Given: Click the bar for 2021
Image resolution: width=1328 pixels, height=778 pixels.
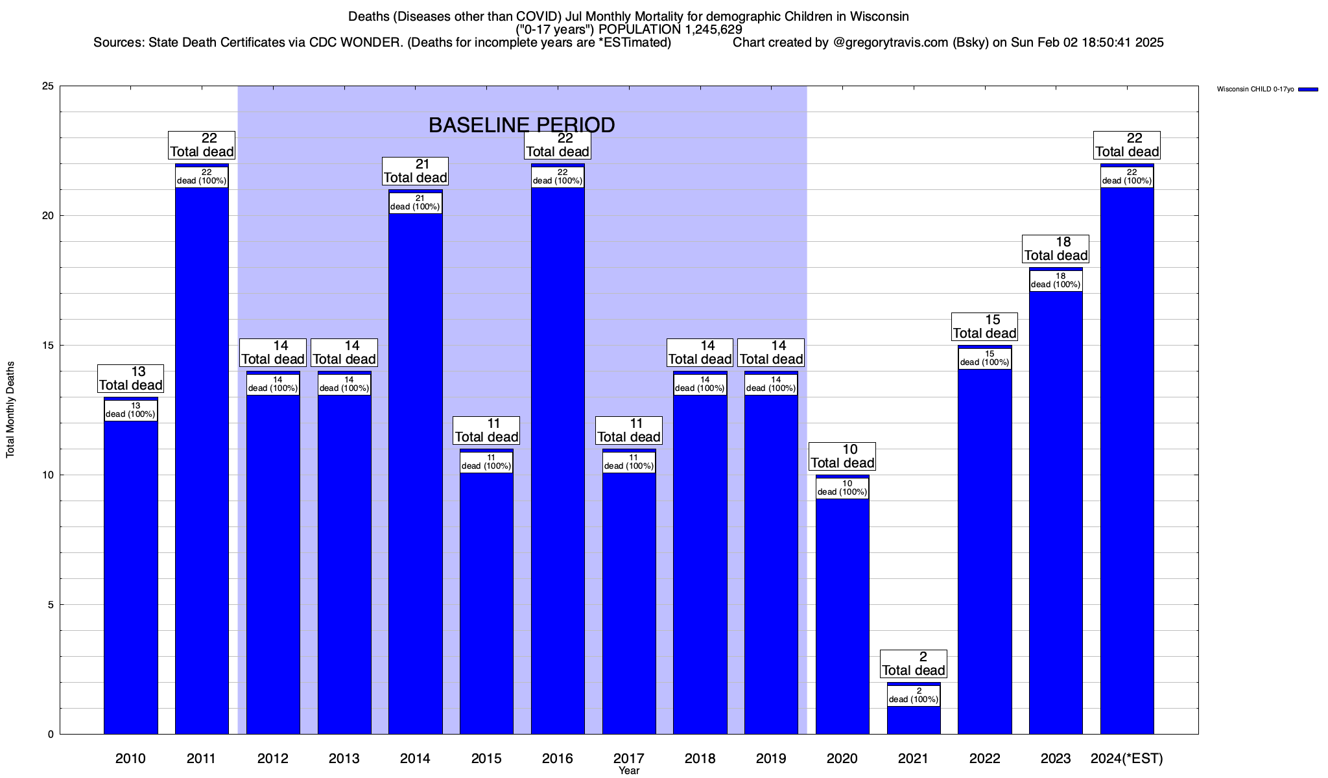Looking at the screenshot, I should point(914,720).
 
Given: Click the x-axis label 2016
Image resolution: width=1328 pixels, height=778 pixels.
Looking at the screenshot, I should point(558,759).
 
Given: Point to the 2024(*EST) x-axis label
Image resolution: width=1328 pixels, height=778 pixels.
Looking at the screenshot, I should point(1127,759).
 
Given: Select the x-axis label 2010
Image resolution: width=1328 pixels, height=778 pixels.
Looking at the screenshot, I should point(130,759).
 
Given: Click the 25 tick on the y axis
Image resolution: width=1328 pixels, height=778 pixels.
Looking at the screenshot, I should point(47,86).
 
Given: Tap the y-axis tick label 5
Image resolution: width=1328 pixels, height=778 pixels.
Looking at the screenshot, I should point(50,605).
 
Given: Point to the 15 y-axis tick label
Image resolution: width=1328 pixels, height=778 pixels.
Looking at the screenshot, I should point(47,346).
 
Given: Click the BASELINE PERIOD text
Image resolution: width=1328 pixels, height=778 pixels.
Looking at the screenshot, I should point(521,125).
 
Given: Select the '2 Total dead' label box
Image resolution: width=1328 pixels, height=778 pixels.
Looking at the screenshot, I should point(914,664).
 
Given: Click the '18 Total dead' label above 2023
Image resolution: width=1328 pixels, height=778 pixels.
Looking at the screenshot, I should point(1056,249).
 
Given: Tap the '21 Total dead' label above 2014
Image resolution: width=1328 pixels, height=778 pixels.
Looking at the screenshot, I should point(416,171).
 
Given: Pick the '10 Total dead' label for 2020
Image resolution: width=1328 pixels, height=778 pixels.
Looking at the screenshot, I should point(842,456).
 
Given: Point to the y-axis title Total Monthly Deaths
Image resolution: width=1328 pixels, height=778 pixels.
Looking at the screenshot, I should point(10,410).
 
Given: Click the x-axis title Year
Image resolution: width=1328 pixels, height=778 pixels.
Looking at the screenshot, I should point(628,771).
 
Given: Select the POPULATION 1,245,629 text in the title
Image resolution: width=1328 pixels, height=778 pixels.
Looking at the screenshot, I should point(670,30).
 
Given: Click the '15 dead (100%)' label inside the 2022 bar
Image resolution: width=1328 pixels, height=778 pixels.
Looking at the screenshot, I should point(985,359).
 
